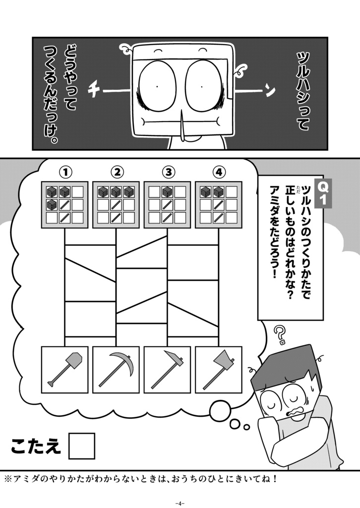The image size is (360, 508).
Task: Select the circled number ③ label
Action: (x=168, y=172)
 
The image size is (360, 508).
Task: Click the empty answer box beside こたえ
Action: (x=81, y=445)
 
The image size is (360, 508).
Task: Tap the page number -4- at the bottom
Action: (x=180, y=502)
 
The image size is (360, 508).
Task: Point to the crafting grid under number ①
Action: (x=65, y=204)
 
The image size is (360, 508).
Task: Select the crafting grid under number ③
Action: (x=168, y=204)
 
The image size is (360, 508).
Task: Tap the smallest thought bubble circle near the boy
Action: (x=246, y=426)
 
